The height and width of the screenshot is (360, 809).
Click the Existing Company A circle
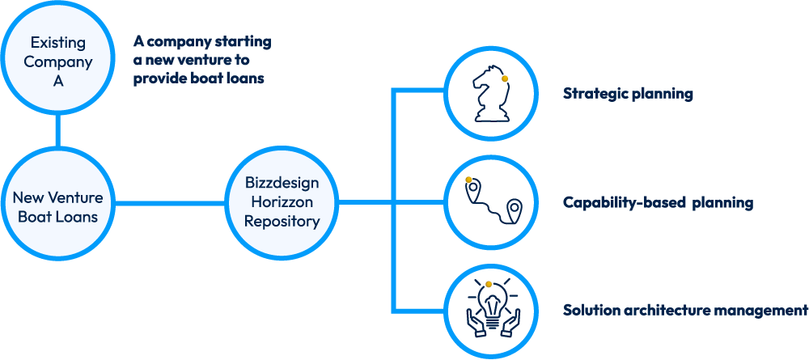[57, 61]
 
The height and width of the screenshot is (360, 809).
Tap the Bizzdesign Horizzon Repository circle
[282, 202]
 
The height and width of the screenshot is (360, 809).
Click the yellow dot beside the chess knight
[504, 79]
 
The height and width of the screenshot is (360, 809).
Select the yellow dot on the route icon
[468, 180]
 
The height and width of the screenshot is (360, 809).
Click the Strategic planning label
[628, 94]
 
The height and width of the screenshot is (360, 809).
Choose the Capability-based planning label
[658, 203]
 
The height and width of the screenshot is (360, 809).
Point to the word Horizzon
[282, 202]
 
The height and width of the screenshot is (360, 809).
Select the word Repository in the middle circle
[282, 220]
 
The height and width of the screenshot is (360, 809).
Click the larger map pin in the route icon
[514, 210]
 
